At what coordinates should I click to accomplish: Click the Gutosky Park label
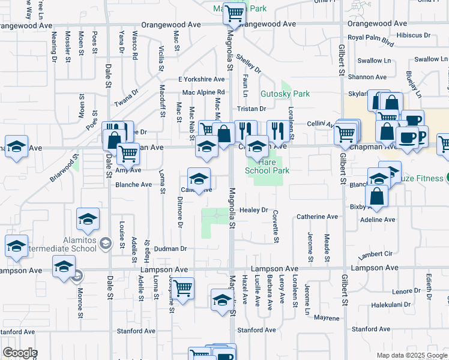pyautogui.click(x=285, y=94)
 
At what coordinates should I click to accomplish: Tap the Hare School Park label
pyautogui.click(x=267, y=166)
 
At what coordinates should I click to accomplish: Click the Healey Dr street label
pyautogui.click(x=253, y=210)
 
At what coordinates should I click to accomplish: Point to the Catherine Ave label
pyautogui.click(x=318, y=217)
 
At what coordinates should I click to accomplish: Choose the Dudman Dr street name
pyautogui.click(x=170, y=248)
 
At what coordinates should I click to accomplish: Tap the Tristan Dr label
pyautogui.click(x=251, y=109)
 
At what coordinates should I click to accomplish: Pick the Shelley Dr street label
pyautogui.click(x=249, y=64)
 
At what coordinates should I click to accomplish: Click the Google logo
pyautogui.click(x=19, y=353)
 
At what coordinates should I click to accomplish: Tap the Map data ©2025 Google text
pyautogui.click(x=411, y=355)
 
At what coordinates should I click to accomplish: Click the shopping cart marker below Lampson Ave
pyautogui.click(x=182, y=287)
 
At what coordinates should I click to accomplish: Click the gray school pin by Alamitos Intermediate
pyautogui.click(x=106, y=243)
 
